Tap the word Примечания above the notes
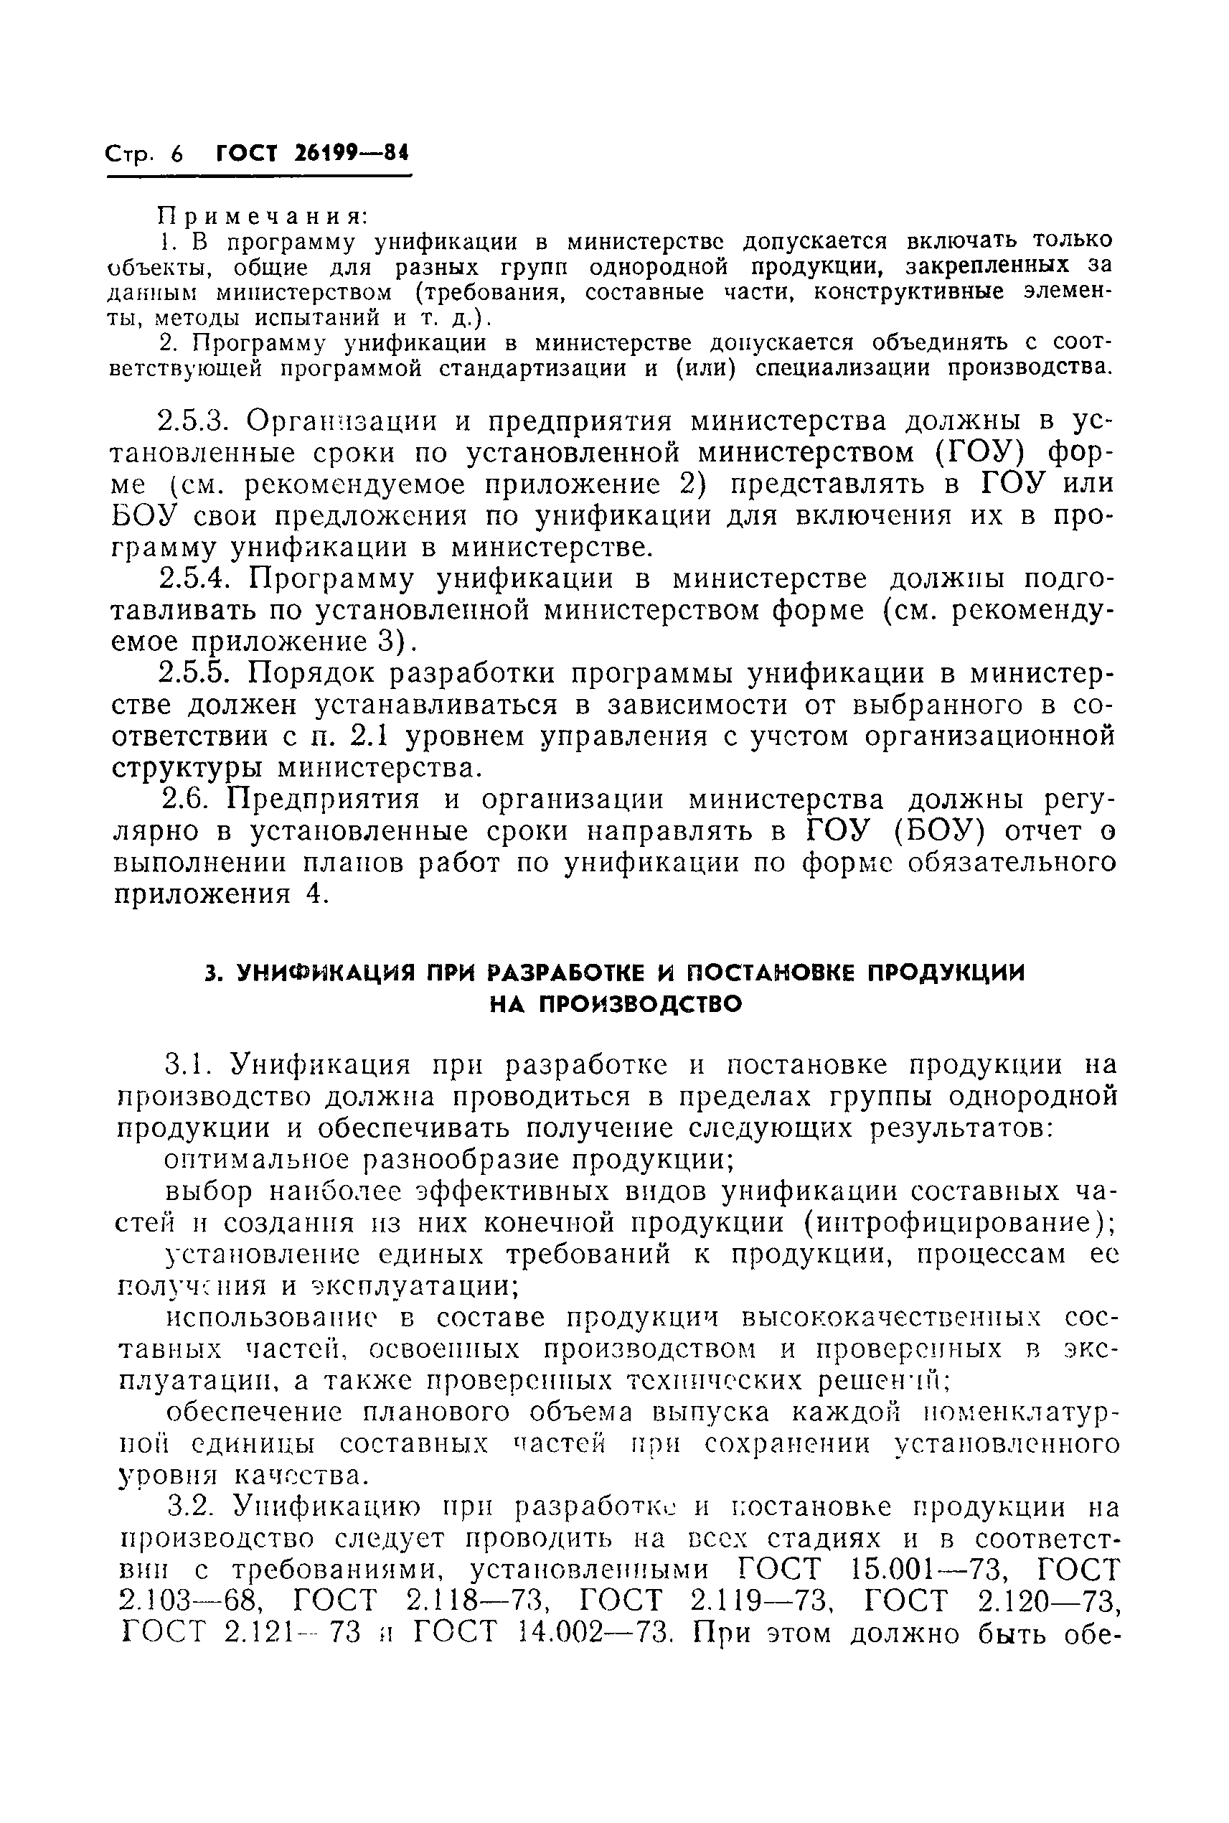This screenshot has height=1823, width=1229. (263, 215)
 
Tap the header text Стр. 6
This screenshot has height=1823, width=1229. (143, 154)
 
